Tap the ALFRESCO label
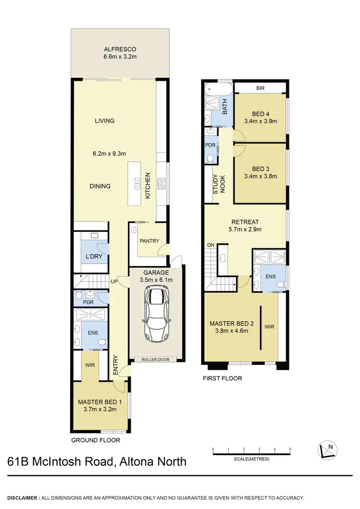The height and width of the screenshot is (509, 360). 120,49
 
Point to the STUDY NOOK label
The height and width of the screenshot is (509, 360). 219,184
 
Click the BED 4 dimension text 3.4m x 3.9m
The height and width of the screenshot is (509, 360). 261,121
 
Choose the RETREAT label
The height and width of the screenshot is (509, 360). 245,222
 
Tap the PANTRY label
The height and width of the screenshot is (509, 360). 149,241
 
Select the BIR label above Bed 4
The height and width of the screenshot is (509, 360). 261,88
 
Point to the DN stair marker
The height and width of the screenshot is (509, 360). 210,245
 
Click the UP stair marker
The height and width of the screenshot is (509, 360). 115,281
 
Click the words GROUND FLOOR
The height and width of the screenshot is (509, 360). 96,440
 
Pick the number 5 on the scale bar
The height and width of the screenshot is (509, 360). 290,449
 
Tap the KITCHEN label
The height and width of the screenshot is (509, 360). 148,187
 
